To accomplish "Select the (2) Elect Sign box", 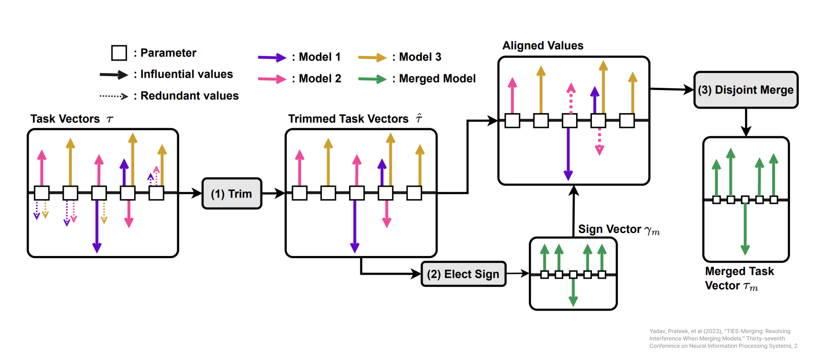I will coord(463,274).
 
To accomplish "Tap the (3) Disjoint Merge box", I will coord(746,90).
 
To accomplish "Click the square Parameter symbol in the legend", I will coord(119,53).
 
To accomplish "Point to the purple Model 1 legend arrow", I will coord(272,57).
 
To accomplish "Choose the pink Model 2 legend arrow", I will coord(272,79).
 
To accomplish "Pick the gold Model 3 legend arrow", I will coord(372,57).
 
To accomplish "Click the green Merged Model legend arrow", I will coord(372,79).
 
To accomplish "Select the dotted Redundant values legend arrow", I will coord(114,96).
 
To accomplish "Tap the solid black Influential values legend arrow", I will coord(114,75).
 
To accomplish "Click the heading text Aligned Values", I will coord(543,46).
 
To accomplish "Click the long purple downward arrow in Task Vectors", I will coord(97,227).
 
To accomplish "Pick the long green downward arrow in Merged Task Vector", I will coord(745,230).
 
